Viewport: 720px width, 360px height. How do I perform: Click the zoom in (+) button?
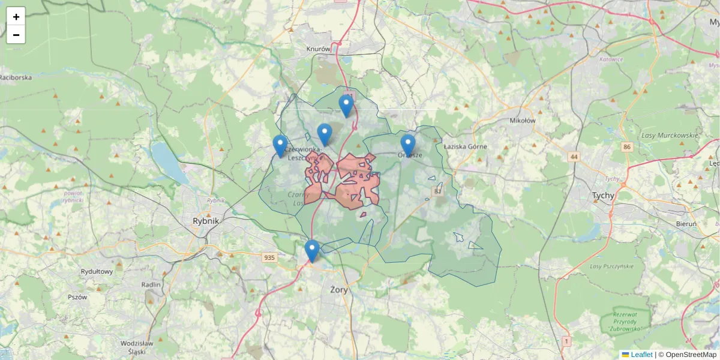tap(16, 17)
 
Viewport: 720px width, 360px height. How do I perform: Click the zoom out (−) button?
tap(16, 35)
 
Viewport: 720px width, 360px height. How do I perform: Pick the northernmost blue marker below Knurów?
tap(346, 106)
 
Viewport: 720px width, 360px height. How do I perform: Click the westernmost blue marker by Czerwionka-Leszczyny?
tap(280, 146)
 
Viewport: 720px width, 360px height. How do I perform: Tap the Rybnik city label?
tap(206, 221)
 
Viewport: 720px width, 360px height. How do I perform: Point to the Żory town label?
tap(339, 289)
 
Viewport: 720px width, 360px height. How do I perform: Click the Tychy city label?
tap(604, 196)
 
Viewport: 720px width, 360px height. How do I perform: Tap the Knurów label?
tap(318, 49)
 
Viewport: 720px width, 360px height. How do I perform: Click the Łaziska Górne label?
tap(466, 146)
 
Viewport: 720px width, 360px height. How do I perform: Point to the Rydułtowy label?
tap(97, 271)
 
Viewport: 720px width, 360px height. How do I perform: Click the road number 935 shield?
tap(269, 258)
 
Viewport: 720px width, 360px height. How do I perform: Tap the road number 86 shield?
tap(628, 147)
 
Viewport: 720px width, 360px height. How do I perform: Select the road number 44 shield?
tap(575, 157)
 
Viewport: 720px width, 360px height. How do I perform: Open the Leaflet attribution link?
tap(641, 355)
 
